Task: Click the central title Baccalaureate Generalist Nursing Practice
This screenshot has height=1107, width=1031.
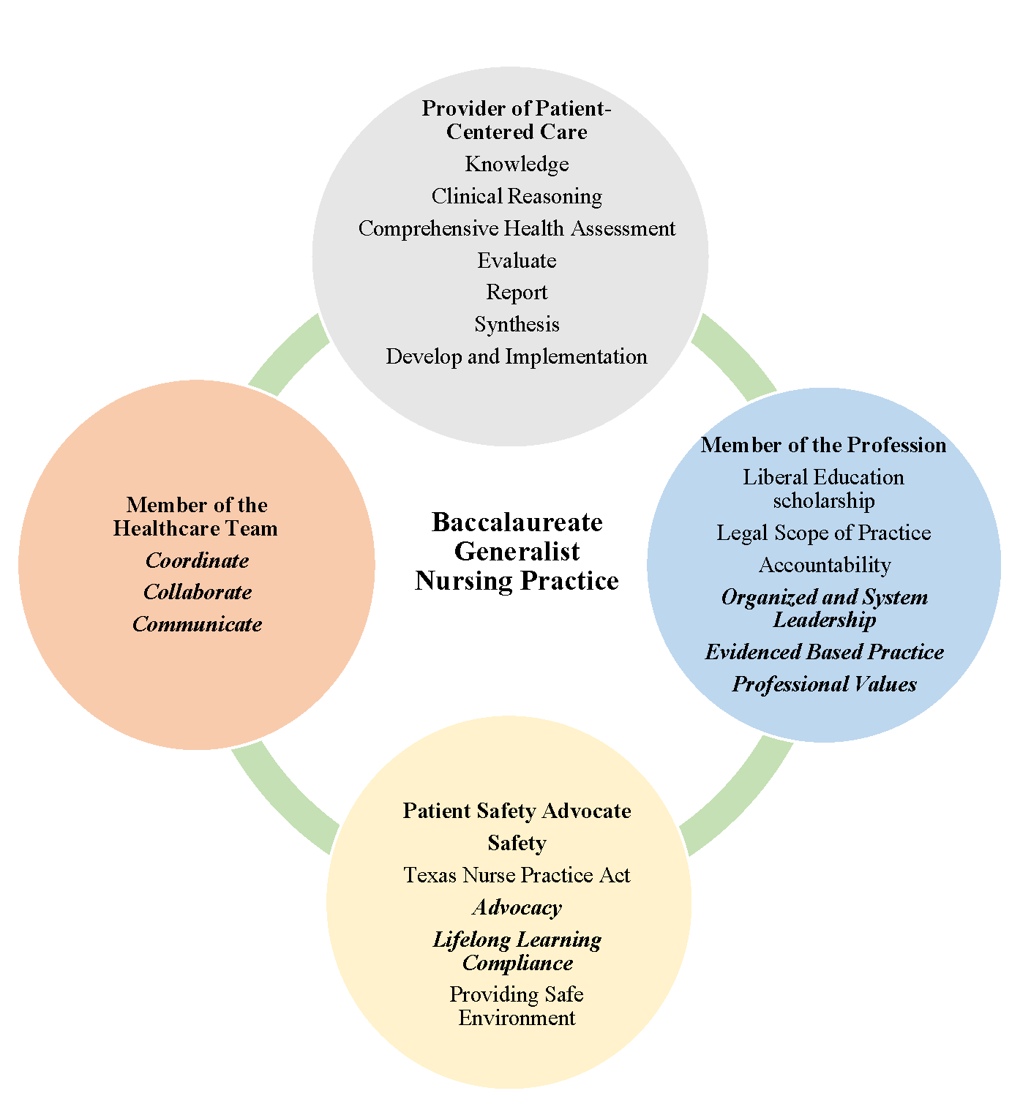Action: pos(517,551)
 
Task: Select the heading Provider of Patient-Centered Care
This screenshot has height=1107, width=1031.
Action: pos(517,120)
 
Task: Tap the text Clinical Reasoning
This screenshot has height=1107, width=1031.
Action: pos(517,196)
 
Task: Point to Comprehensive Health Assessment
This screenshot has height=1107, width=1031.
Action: pos(517,228)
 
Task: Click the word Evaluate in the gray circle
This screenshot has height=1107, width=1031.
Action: pos(517,260)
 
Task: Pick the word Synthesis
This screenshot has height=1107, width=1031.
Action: pos(517,324)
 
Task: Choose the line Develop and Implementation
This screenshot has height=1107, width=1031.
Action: pos(517,356)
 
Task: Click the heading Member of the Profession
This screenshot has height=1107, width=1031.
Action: pos(823,445)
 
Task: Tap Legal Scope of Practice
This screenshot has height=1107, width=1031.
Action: pos(823,533)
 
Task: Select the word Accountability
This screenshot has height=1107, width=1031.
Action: pos(824,565)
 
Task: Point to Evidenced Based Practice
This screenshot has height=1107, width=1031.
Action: pos(824,652)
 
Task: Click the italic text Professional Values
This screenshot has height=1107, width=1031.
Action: pos(824,684)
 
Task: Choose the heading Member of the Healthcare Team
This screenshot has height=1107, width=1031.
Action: pos(196,517)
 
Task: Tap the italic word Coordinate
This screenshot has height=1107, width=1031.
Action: pos(197,560)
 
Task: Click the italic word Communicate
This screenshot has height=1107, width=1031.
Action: pos(197,624)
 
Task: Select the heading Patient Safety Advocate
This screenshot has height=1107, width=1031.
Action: pos(517,811)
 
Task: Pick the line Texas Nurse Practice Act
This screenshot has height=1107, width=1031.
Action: pos(517,875)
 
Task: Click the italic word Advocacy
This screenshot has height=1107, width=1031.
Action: pos(517,907)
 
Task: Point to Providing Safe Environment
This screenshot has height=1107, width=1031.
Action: pos(517,1006)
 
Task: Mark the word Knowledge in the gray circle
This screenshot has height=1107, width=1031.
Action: pos(517,164)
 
